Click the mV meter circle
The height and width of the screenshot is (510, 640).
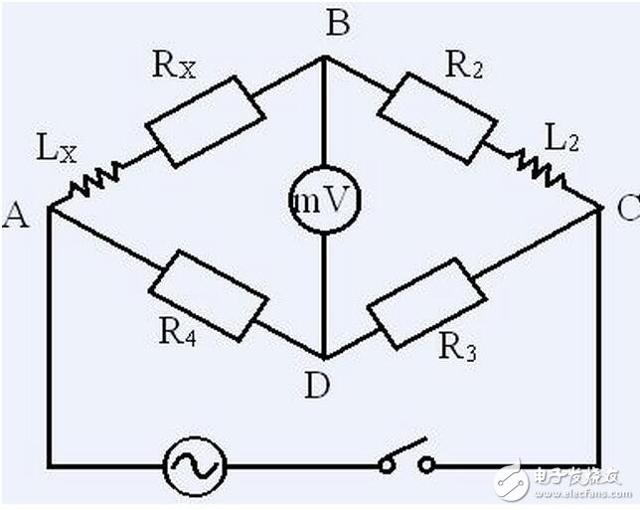pyautogui.click(x=323, y=200)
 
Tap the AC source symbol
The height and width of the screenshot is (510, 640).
pyautogui.click(x=194, y=463)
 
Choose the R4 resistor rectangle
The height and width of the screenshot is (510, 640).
pyautogui.click(x=209, y=294)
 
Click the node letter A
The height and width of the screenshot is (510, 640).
pyautogui.click(x=15, y=214)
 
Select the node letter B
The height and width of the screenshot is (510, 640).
pyautogui.click(x=338, y=22)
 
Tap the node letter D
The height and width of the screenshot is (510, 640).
pyautogui.click(x=316, y=388)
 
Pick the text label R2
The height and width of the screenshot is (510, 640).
pyautogui.click(x=464, y=66)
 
